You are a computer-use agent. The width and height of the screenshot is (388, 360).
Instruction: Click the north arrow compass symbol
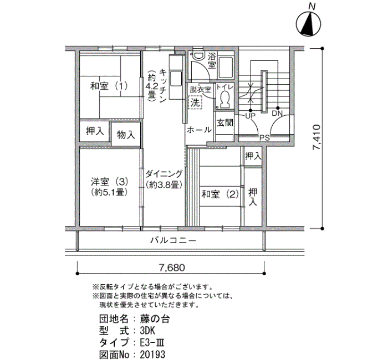point(308,24)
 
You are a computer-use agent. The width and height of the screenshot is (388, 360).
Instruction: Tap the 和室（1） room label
point(109,86)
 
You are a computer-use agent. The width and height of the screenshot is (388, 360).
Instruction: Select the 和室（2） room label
point(220,194)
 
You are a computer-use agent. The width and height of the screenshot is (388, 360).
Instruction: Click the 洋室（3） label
point(109,182)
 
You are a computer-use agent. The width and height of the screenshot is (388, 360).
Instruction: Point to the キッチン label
point(163,86)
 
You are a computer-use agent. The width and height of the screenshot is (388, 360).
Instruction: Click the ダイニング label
point(164,173)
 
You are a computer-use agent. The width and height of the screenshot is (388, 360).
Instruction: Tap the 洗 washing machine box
point(195,102)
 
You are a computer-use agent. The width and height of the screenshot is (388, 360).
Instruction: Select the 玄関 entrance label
point(224,123)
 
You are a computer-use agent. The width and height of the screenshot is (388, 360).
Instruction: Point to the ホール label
point(199,130)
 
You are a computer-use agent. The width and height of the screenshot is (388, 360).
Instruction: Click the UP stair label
point(250,116)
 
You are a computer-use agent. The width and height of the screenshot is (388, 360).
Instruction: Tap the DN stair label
point(277,114)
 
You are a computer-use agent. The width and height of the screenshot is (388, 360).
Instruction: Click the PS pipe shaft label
point(264,138)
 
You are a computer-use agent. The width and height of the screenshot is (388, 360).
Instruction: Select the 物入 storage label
point(126,135)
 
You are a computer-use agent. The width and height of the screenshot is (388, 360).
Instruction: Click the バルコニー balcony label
point(173,240)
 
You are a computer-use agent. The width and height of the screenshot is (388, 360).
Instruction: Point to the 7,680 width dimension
point(172,268)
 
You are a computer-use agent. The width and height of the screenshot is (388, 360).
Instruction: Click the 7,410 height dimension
point(316,137)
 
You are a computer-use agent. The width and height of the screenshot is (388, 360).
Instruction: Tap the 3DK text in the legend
point(147,331)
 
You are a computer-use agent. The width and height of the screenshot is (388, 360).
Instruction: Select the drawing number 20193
point(152,354)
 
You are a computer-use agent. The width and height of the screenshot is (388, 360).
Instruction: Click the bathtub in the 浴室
point(226,67)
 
